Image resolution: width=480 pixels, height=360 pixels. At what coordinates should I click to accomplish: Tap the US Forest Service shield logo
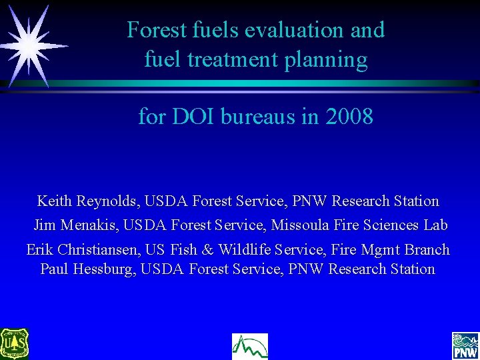click(x=14, y=344)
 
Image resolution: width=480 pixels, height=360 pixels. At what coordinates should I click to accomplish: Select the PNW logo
click(x=465, y=345)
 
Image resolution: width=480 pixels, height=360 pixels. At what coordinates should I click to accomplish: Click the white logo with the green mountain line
click(x=249, y=346)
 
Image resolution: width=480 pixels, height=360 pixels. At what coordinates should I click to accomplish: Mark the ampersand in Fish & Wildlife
click(x=207, y=250)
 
